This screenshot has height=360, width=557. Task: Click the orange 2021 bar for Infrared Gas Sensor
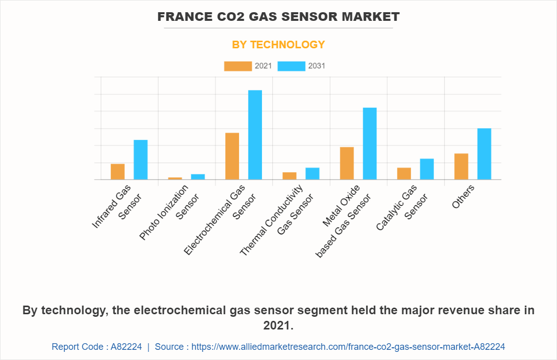pos(118,171)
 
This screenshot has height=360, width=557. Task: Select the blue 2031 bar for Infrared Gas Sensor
pos(140,160)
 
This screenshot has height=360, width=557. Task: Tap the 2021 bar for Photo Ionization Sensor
pos(175,178)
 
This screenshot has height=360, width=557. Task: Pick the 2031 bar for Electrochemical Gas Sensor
pos(255,135)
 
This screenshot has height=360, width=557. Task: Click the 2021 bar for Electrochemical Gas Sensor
pos(232,156)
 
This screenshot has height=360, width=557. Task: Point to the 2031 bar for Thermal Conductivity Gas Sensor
pos(312,173)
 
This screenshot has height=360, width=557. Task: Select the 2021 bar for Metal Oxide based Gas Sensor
pos(347,163)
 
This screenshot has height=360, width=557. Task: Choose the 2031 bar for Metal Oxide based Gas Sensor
pos(370,143)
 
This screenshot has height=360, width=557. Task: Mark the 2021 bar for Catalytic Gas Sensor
pos(404,173)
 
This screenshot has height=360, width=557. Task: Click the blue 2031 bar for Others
pos(484,154)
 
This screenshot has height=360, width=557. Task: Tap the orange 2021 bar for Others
pos(461,166)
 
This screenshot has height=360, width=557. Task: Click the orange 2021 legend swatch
pos(238,66)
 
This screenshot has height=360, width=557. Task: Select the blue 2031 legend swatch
pos(291,66)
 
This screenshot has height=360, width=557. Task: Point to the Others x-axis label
pos(463,196)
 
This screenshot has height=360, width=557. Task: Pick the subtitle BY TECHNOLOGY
pos(278,45)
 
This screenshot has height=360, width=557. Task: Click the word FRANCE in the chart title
pos(182,17)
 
